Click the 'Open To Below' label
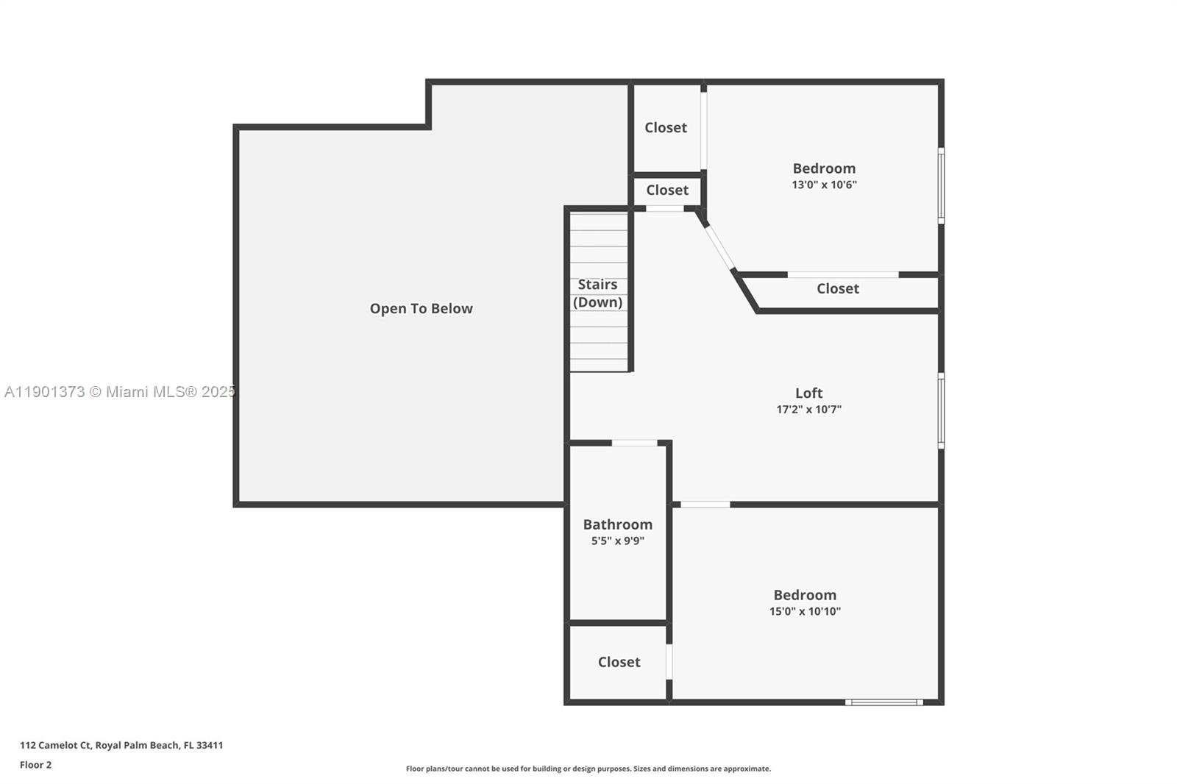421,309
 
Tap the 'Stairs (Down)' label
597,293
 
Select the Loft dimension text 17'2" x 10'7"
808,410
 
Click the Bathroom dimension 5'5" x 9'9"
617,541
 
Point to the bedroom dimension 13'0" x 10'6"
824,185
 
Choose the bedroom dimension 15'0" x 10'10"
805,611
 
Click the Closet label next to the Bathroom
619,662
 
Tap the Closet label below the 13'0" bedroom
837,289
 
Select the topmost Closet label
666,128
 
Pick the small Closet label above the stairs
667,190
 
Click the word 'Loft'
808,393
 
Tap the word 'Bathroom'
617,524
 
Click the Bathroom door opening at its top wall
634,443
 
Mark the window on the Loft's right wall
941,410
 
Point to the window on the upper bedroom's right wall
941,185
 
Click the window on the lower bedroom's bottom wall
883,702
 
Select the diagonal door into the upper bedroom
719,247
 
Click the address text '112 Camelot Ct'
56,745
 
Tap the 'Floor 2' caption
35,765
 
